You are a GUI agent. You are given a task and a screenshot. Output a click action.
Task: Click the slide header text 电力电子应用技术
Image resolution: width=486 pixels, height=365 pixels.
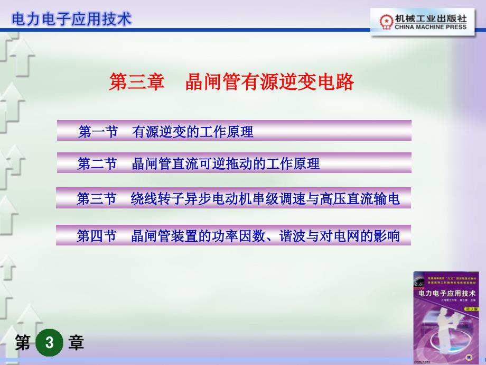click(x=71, y=19)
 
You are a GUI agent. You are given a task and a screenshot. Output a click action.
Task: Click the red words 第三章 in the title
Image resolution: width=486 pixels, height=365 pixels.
click(x=137, y=82)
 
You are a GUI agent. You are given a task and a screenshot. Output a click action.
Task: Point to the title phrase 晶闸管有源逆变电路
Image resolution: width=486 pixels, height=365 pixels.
click(x=269, y=82)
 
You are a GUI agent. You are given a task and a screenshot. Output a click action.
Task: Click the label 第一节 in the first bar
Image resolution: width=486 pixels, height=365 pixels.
click(x=98, y=132)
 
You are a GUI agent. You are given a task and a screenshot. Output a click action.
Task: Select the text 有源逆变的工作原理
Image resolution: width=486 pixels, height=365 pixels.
click(x=193, y=132)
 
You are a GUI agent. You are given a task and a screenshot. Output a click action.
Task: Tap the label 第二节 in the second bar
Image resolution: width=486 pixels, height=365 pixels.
click(x=97, y=164)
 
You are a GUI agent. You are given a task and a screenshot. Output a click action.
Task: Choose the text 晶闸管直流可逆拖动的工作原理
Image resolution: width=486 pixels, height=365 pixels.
click(x=226, y=164)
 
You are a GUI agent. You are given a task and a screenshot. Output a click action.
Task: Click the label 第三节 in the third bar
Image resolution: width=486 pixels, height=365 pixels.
click(x=97, y=199)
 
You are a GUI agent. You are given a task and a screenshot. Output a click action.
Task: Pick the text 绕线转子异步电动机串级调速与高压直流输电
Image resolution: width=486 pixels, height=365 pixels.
click(x=265, y=199)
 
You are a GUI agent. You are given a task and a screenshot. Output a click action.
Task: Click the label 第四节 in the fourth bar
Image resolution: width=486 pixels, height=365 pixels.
click(x=97, y=236)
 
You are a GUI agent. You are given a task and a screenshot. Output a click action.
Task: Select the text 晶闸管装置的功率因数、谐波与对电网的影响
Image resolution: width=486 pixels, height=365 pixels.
click(x=265, y=236)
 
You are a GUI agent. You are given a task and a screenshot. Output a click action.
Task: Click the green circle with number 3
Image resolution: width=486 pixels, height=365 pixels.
click(x=49, y=343)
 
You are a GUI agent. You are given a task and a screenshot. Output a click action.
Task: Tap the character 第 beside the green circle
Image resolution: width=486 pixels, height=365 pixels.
click(x=23, y=343)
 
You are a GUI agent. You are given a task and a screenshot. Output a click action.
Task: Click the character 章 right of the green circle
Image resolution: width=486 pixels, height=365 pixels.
click(x=76, y=343)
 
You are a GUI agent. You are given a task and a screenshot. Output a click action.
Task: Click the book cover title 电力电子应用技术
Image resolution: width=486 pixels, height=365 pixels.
click(x=447, y=293)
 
